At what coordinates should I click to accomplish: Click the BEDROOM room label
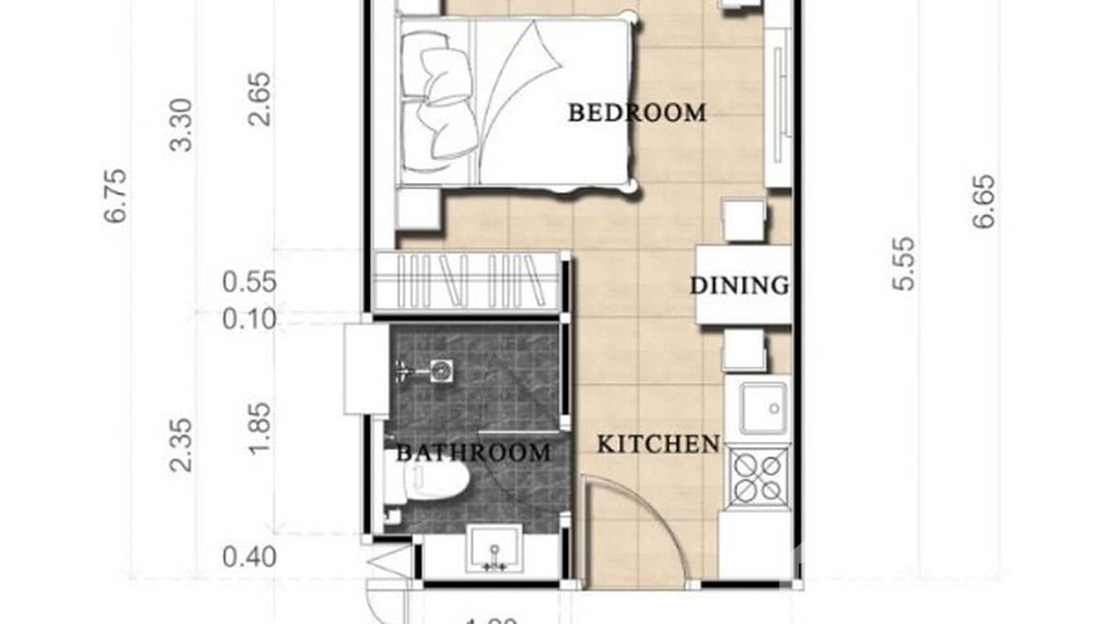click(637, 113)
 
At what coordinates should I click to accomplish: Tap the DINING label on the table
click(739, 286)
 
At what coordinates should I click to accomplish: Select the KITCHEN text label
click(658, 444)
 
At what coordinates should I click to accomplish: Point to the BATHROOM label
click(473, 453)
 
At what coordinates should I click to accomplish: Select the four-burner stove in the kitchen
click(758, 478)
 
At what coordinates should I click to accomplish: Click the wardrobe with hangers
click(466, 281)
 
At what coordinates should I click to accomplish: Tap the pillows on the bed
click(439, 95)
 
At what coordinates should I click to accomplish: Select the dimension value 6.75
click(116, 195)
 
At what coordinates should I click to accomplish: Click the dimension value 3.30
click(180, 125)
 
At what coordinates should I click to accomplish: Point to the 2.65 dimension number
click(258, 98)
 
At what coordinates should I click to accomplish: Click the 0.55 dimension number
click(249, 282)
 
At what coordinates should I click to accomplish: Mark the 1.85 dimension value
click(258, 427)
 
